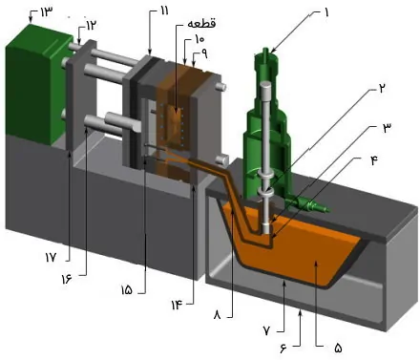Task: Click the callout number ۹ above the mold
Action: click(200, 55)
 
